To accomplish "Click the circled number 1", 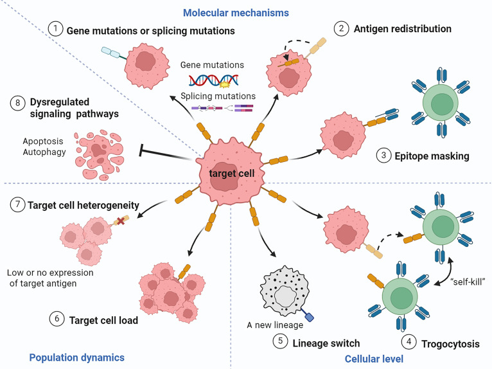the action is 55,29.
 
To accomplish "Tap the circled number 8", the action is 18,103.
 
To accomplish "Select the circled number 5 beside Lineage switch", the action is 280,341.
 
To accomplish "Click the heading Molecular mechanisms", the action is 236,13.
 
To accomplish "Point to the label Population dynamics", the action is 77,357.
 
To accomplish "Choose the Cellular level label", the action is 374,359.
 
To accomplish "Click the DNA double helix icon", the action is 214,80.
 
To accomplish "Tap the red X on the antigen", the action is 121,221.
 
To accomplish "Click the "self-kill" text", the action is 468,282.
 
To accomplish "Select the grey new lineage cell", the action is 285,291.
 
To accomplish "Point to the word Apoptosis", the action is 43,141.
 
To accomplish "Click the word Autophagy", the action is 44,152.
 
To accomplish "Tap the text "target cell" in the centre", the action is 232,174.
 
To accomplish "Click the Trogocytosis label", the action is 450,344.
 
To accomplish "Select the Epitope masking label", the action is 432,156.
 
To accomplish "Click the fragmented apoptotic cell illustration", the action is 99,155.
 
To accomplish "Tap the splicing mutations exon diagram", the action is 222,109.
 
